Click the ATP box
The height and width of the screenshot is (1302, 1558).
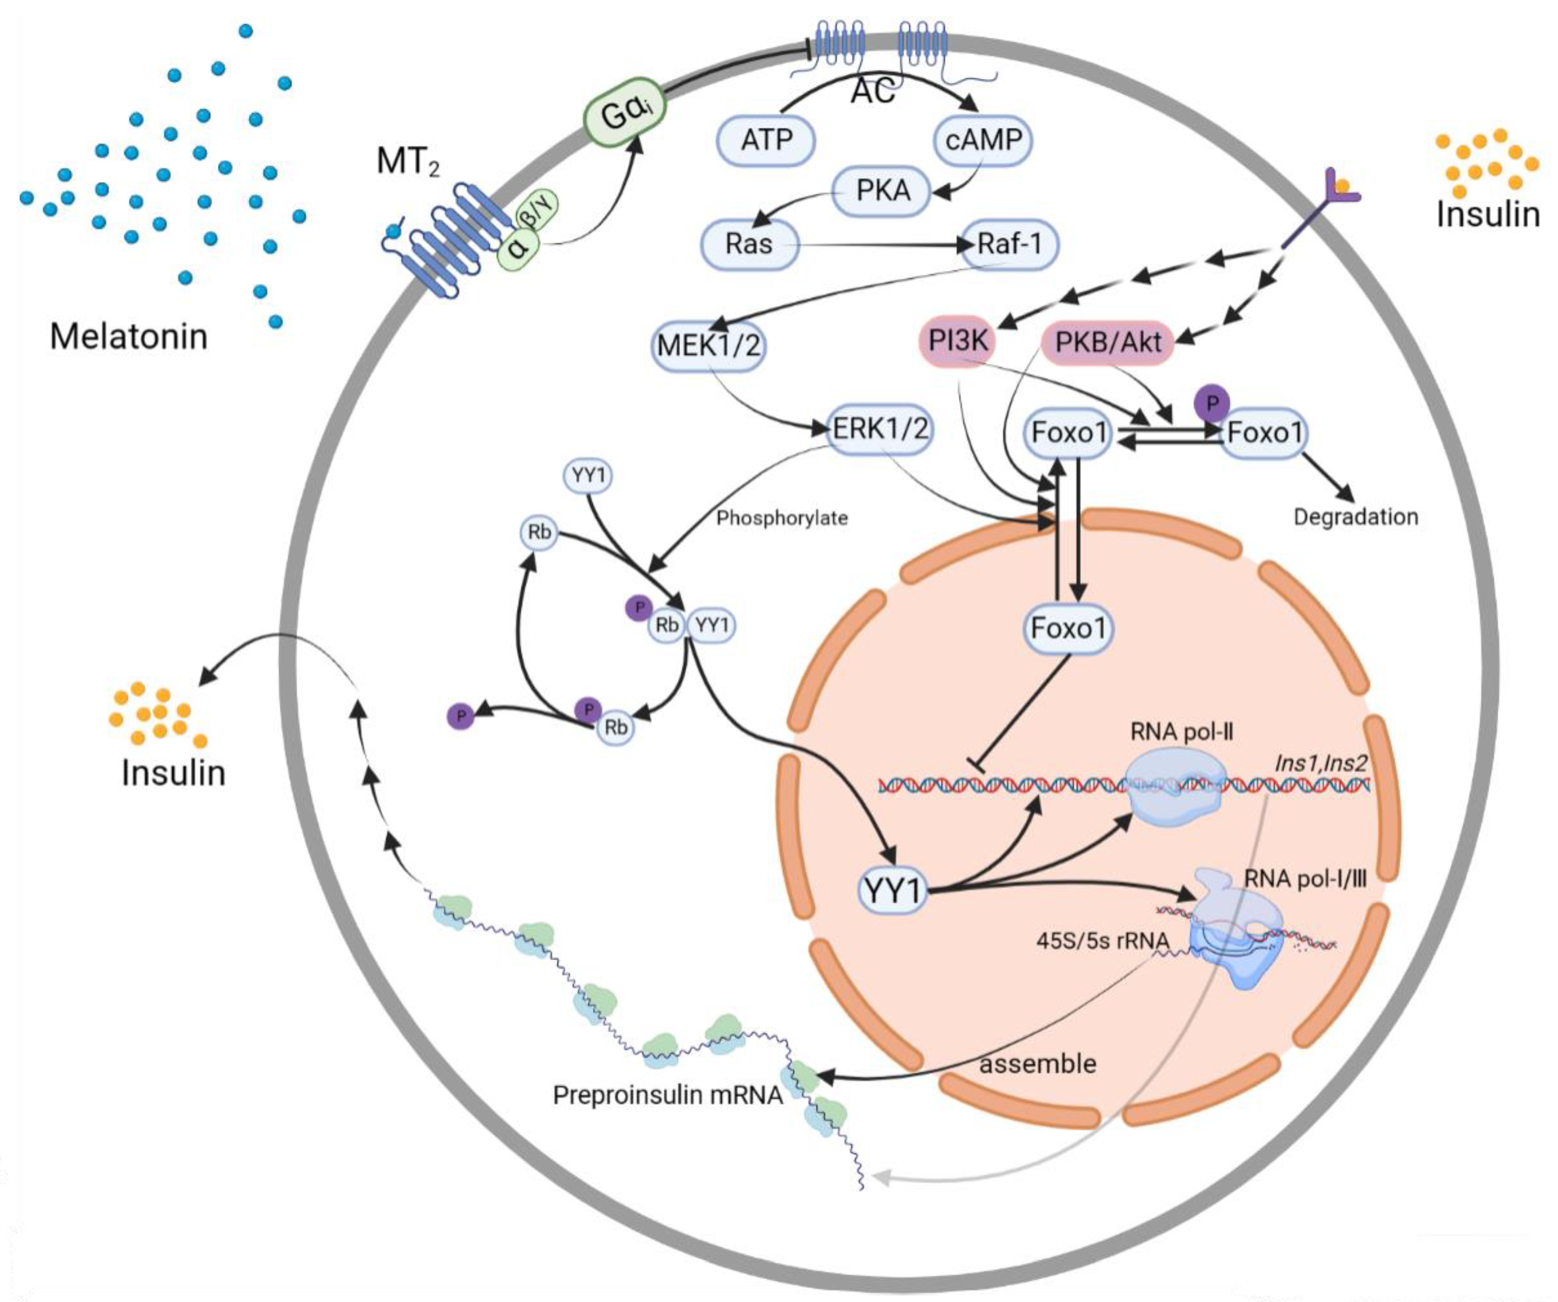[766, 139]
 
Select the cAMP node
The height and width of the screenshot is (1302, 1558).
[983, 139]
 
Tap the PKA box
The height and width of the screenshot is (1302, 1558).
[882, 191]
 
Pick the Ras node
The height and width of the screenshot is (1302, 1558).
[749, 244]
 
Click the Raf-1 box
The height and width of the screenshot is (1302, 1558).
[1009, 244]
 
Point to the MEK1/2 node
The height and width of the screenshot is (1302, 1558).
[709, 346]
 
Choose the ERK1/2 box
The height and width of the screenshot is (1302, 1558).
[880, 429]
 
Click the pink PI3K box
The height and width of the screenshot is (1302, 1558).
[958, 341]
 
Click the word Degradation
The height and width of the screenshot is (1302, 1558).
[1356, 517]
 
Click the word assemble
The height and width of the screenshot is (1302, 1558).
[1038, 1064]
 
